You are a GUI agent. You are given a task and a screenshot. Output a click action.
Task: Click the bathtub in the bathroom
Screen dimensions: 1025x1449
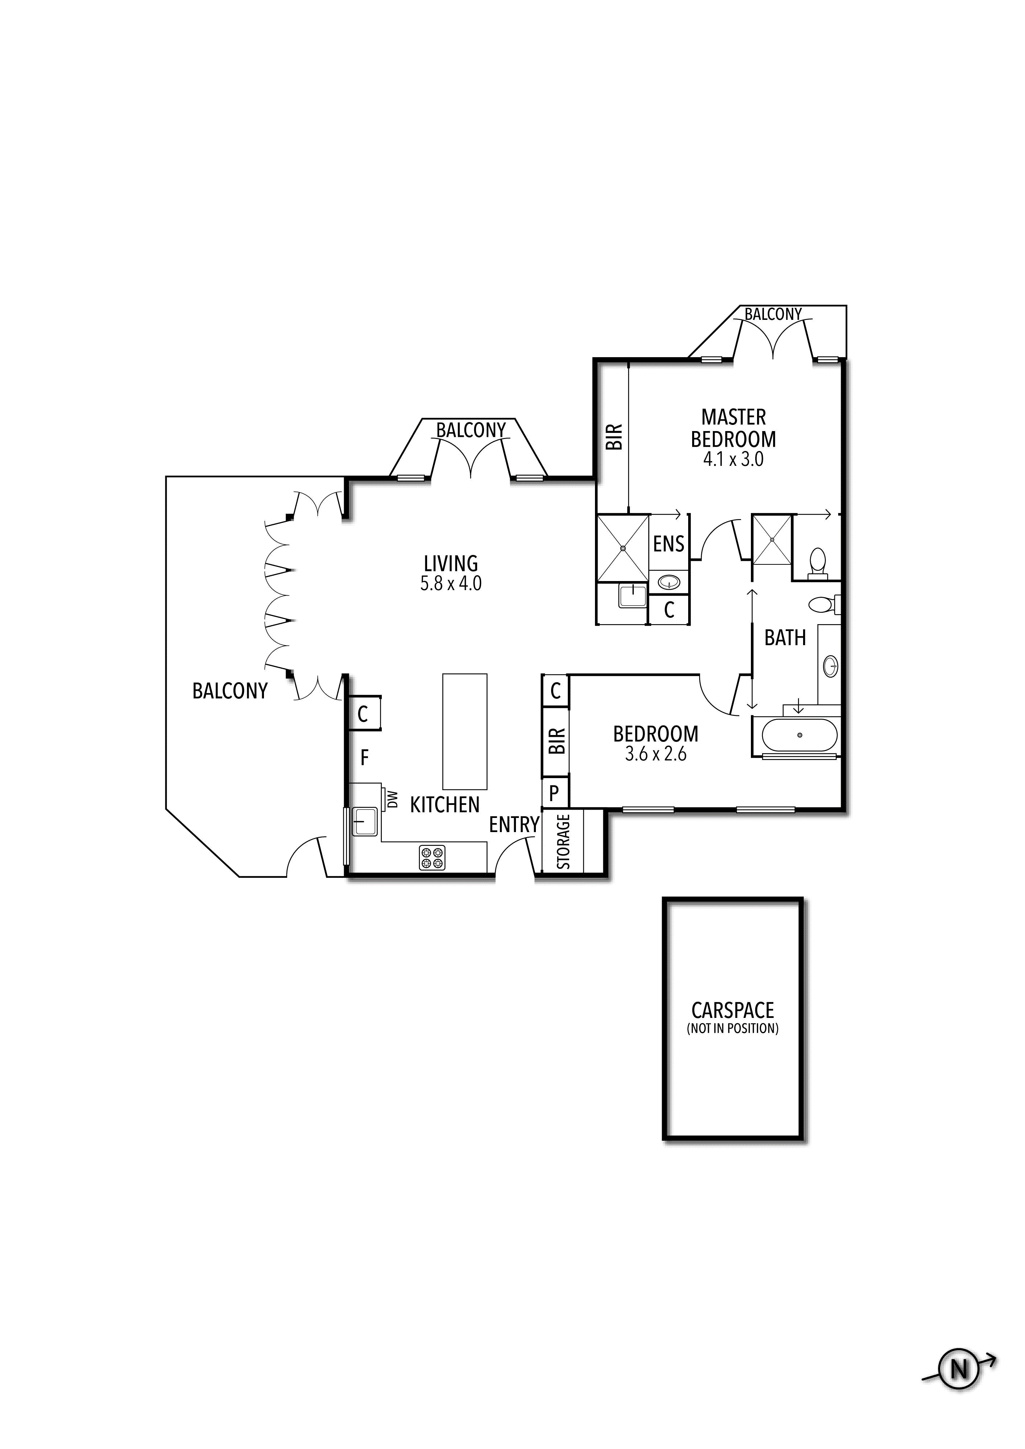pos(799,736)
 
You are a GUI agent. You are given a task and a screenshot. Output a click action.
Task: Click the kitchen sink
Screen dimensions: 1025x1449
pos(364,821)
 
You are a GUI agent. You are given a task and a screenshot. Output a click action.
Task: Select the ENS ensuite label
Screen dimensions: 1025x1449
pos(669,544)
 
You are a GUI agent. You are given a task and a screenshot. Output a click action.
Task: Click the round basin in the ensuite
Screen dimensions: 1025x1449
pos(669,582)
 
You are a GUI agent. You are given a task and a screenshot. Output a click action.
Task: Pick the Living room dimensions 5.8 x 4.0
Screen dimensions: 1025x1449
pos(451,584)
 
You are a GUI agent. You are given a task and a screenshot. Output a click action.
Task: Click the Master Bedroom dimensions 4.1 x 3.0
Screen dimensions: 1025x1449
pos(733,459)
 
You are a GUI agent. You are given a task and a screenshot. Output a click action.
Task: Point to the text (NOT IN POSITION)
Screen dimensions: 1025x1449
pos(733,1029)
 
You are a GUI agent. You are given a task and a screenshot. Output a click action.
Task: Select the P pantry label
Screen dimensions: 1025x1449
pos(554,793)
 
